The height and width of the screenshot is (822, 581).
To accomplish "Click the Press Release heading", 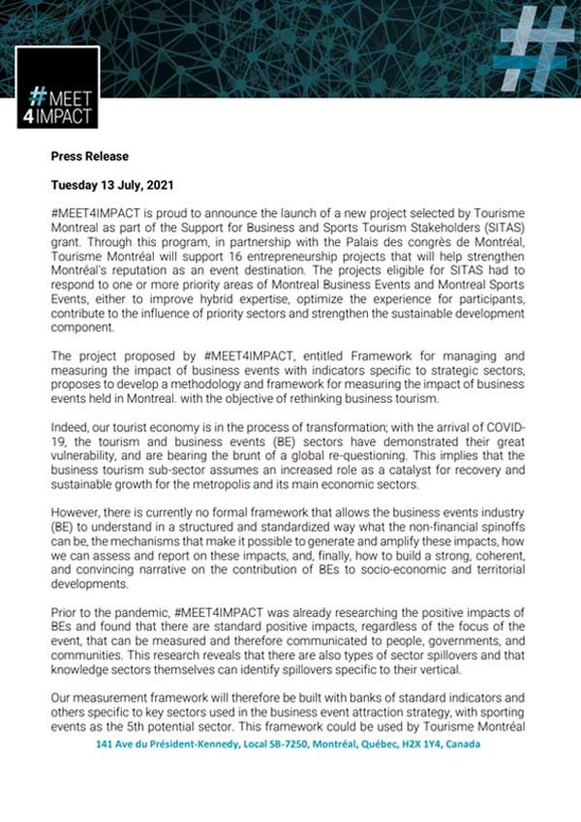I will point(89,156).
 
